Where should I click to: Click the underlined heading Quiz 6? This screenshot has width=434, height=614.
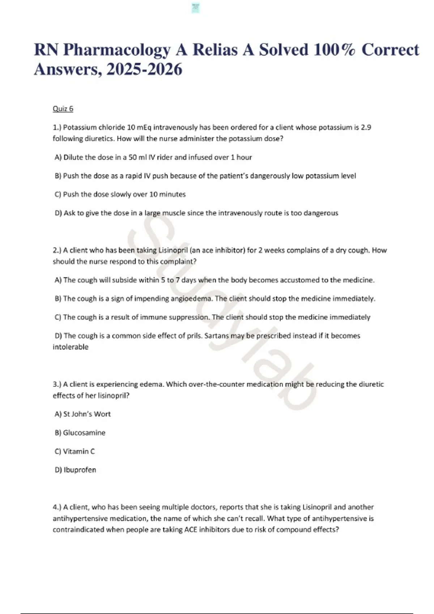(x=63, y=109)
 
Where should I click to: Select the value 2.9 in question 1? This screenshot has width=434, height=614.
(x=366, y=127)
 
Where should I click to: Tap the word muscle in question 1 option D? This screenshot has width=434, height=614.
(x=173, y=213)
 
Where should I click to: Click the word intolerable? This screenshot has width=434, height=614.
(x=71, y=347)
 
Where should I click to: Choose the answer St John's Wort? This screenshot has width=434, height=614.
(x=87, y=414)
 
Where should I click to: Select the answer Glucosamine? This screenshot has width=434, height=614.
(x=84, y=433)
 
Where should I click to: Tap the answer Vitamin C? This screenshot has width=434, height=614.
(x=79, y=451)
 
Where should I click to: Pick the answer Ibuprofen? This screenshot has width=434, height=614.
(x=80, y=470)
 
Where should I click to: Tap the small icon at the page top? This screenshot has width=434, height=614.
(x=196, y=8)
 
